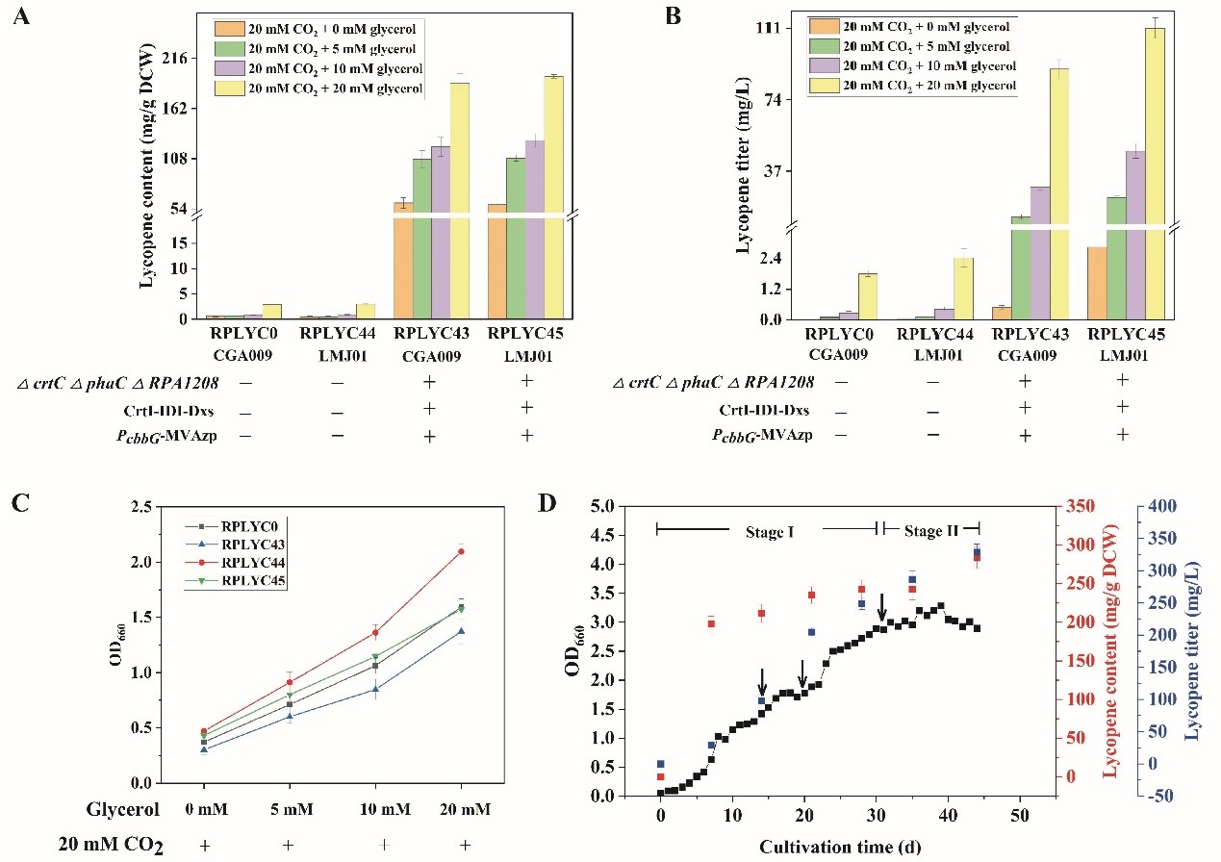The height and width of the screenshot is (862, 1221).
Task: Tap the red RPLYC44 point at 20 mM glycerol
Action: click(x=461, y=551)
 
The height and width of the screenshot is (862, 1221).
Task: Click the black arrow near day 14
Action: click(x=761, y=681)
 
